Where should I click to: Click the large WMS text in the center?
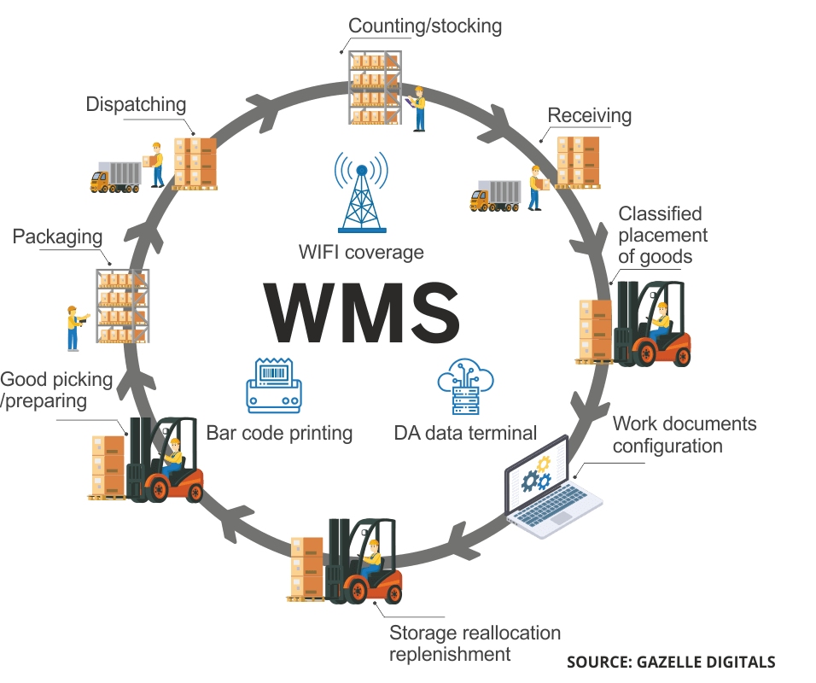(x=361, y=313)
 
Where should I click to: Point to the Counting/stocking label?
(x=425, y=25)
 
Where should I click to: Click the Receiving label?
(x=589, y=115)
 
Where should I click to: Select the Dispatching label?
(x=136, y=104)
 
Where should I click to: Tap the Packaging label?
(x=57, y=236)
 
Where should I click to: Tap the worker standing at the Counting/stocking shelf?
(x=418, y=108)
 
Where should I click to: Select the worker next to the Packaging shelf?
(x=74, y=328)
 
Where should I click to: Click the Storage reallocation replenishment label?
(x=475, y=644)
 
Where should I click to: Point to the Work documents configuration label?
(x=684, y=435)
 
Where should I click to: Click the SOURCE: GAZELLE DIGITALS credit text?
(x=671, y=662)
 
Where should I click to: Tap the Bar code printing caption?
(x=279, y=433)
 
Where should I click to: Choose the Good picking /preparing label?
(x=56, y=389)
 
